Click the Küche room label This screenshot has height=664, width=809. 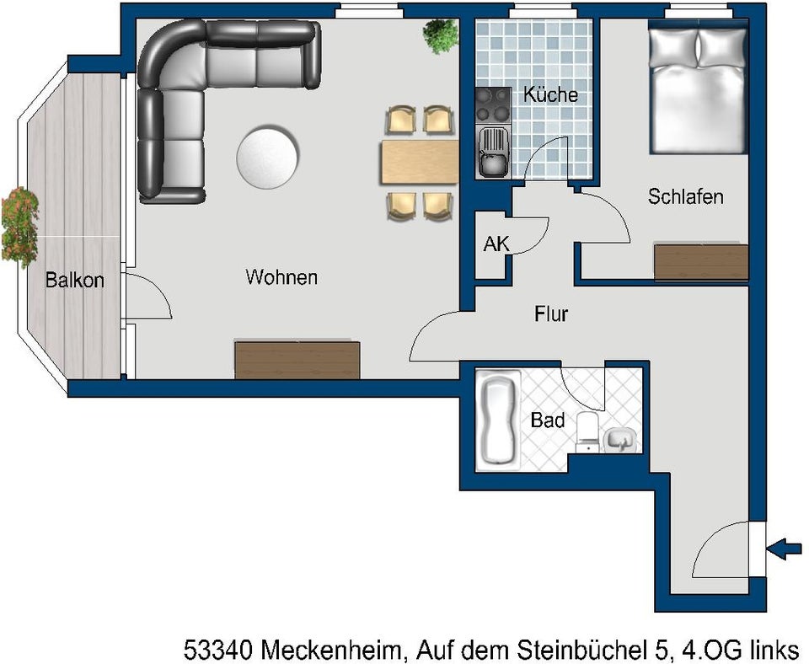(x=550, y=94)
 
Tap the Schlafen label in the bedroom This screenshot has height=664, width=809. (x=685, y=197)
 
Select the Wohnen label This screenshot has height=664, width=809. (x=281, y=276)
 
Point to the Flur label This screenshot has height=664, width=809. (x=551, y=315)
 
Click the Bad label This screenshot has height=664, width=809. (x=547, y=420)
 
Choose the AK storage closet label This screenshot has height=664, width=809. (x=496, y=244)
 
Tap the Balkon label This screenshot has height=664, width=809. (x=75, y=281)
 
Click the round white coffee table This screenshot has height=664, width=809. (x=268, y=157)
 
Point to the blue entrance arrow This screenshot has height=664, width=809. (x=785, y=549)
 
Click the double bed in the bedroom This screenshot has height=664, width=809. (x=699, y=90)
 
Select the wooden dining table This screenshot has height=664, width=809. (x=420, y=162)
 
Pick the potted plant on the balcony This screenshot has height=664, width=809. (x=19, y=225)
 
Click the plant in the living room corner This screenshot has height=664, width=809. (x=441, y=35)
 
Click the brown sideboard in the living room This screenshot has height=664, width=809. (x=297, y=360)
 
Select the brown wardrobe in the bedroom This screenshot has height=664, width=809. (x=701, y=262)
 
